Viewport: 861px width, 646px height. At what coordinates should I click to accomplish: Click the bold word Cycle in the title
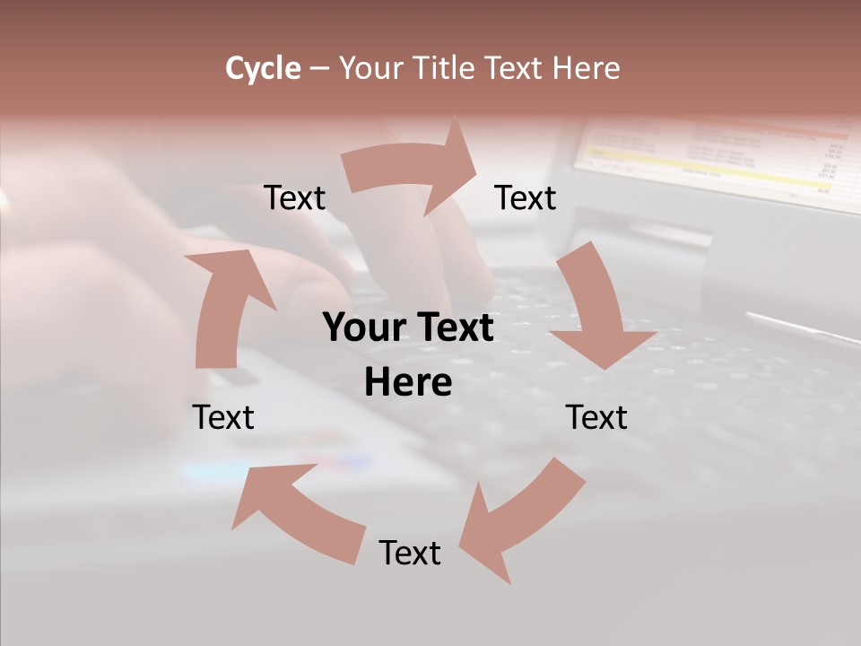263,68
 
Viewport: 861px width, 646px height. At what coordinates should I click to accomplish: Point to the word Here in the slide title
585,68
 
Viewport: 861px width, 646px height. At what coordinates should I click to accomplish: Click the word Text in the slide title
517,68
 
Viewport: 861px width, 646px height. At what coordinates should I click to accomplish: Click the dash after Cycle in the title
319,69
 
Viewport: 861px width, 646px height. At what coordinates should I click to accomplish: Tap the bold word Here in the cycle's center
408,383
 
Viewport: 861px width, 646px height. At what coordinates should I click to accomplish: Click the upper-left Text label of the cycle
294,197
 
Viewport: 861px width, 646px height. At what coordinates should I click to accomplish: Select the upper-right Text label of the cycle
526,197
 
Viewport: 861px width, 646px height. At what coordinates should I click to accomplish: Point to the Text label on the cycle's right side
596,417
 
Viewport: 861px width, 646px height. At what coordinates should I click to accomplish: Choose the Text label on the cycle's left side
223,417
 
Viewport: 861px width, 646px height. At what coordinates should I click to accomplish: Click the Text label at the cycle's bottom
410,553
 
